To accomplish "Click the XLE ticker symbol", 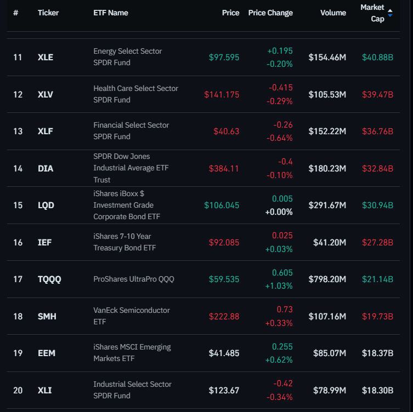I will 46,57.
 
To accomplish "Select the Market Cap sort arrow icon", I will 390,13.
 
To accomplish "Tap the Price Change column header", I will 270,13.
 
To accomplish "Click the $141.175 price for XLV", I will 222,95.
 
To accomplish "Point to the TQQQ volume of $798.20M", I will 327,279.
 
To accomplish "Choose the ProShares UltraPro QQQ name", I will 133,279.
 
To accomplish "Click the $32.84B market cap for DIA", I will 377,169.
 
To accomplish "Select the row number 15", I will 18,205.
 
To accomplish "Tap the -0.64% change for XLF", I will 280,138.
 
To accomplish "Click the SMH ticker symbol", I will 47,317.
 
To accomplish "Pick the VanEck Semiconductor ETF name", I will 132,316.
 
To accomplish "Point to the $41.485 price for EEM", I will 224,353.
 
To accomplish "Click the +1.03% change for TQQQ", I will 280,285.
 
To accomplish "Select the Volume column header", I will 333,13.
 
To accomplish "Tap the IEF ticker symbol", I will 44,242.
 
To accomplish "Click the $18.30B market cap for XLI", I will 377,391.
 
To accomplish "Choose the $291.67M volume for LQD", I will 327,205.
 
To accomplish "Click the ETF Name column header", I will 111,13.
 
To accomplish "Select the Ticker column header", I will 48,13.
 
